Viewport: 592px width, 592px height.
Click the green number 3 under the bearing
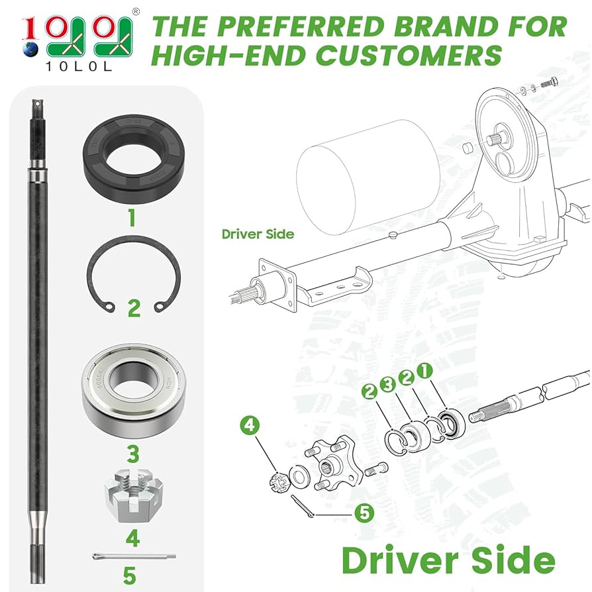point(133,454)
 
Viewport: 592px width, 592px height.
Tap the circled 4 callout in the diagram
point(249,425)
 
